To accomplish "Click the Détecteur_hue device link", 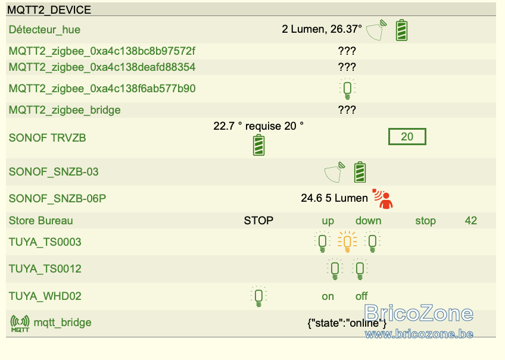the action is pyautogui.click(x=45, y=30).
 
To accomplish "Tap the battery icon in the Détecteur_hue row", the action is pyautogui.click(x=401, y=30).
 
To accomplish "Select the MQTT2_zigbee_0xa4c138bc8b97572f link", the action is pyautogui.click(x=102, y=51).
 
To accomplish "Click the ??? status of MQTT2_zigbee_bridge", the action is pyautogui.click(x=347, y=110).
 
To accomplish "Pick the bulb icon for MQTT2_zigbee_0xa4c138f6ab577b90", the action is pyautogui.click(x=347, y=89).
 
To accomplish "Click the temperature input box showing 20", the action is pyautogui.click(x=407, y=137).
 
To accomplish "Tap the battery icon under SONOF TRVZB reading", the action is pyautogui.click(x=258, y=145).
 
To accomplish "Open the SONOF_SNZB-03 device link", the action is pyautogui.click(x=54, y=172).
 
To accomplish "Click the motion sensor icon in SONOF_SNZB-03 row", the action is pyautogui.click(x=335, y=172).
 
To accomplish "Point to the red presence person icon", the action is pyautogui.click(x=383, y=199).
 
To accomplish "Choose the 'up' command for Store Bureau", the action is pyautogui.click(x=328, y=221).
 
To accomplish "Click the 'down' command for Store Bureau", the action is pyautogui.click(x=368, y=221).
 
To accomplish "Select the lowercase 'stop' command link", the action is pyautogui.click(x=425, y=221).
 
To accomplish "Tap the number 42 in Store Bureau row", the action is pyautogui.click(x=471, y=221).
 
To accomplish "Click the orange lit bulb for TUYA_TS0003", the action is pyautogui.click(x=347, y=242).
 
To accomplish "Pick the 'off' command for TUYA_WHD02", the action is pyautogui.click(x=361, y=296).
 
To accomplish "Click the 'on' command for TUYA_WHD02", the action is pyautogui.click(x=328, y=296).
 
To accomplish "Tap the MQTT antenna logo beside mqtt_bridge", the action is pyautogui.click(x=20, y=323).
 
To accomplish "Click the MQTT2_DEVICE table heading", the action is pyautogui.click(x=49, y=10).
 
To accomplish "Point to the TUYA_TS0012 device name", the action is pyautogui.click(x=45, y=269).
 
